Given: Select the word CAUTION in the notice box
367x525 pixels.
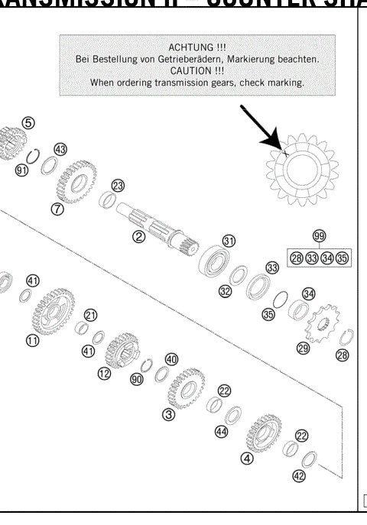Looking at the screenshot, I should [x=196, y=70].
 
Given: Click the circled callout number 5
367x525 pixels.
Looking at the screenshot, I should [x=28, y=122].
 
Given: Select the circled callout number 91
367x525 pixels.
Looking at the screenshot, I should [x=22, y=170].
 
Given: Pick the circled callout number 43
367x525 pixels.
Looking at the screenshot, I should [x=60, y=149].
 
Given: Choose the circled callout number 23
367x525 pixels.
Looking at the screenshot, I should [x=117, y=186].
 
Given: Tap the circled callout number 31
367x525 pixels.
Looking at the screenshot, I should [x=228, y=241].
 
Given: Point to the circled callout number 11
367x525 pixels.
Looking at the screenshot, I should [x=32, y=341].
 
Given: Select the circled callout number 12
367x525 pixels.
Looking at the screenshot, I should [x=104, y=373].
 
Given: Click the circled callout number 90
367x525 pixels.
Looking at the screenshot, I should [x=137, y=379].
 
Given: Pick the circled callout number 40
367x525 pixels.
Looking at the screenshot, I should [x=171, y=359].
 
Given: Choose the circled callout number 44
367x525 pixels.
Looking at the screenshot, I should [x=221, y=432].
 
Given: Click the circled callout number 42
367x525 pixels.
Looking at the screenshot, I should [x=299, y=475].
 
